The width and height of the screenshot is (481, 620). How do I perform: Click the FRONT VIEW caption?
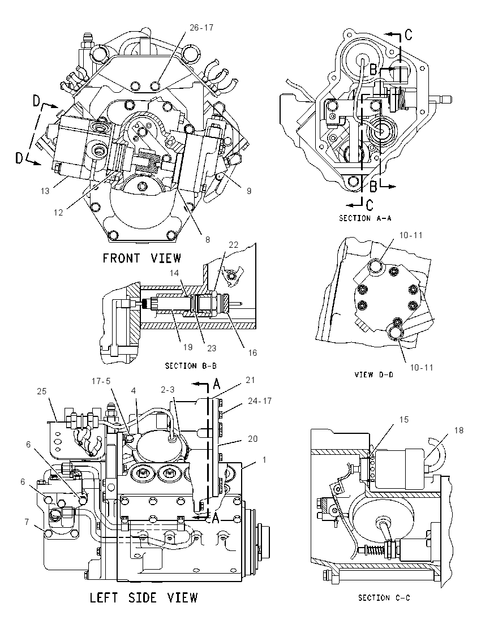(142, 258)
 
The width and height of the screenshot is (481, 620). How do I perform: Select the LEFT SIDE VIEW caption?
(144, 597)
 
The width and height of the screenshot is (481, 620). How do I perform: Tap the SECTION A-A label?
(365, 218)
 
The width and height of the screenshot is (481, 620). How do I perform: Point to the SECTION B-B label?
(191, 366)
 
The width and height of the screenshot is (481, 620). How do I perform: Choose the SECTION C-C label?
(384, 597)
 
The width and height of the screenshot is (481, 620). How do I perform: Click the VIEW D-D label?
(374, 374)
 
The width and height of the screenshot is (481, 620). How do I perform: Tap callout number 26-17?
(201, 28)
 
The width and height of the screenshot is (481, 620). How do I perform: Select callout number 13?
(45, 191)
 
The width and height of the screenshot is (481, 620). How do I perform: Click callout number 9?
(249, 191)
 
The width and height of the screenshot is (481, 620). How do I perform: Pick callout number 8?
(207, 239)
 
